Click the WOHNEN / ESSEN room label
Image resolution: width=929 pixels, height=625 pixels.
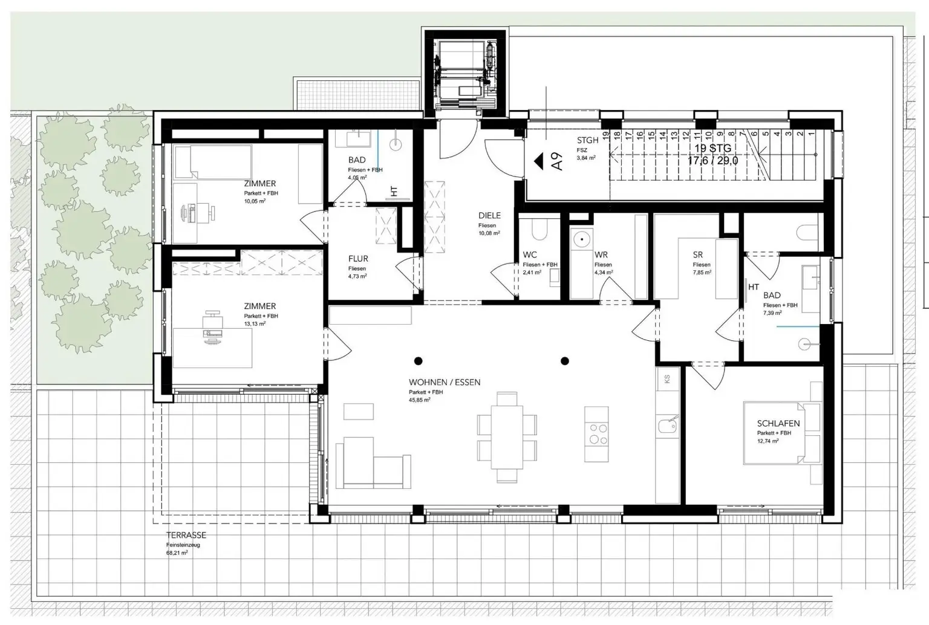[x=445, y=382]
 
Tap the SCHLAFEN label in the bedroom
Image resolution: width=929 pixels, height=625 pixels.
[x=778, y=424]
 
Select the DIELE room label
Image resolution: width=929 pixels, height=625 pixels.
[x=489, y=215]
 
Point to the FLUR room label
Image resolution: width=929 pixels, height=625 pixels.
[x=358, y=258]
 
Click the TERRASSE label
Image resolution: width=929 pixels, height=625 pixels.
[x=186, y=535]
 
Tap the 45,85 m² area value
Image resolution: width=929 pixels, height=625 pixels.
[x=419, y=400]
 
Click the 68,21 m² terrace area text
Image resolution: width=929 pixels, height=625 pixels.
[x=177, y=552]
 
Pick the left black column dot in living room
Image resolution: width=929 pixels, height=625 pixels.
[x=418, y=361]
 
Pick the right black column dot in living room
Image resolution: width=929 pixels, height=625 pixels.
[x=565, y=361]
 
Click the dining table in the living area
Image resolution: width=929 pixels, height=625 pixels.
[x=507, y=437]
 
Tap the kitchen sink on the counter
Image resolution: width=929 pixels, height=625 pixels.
[x=668, y=425]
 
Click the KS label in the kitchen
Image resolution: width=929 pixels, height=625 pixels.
[x=667, y=379]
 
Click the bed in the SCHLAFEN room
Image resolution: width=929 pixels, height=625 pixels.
[x=780, y=432]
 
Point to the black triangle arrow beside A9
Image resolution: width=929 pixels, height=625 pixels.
[x=538, y=161]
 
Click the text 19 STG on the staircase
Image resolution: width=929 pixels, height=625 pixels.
[x=713, y=148]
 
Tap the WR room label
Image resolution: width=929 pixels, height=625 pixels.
[x=601, y=254]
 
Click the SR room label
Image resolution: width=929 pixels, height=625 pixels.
[x=698, y=254]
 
